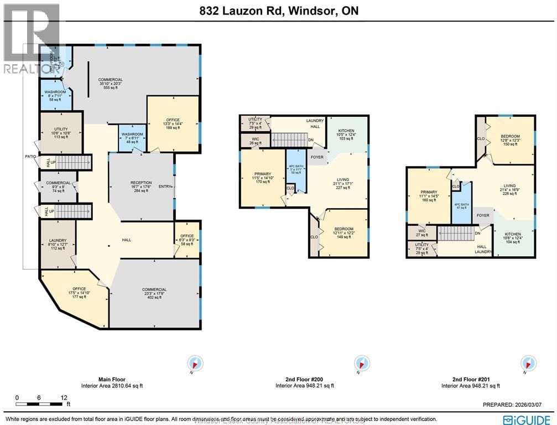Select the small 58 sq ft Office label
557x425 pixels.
[x=187, y=240]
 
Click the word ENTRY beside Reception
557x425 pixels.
[x=165, y=187]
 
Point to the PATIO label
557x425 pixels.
[x=30, y=157]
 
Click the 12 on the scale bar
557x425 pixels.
[x=64, y=397]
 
